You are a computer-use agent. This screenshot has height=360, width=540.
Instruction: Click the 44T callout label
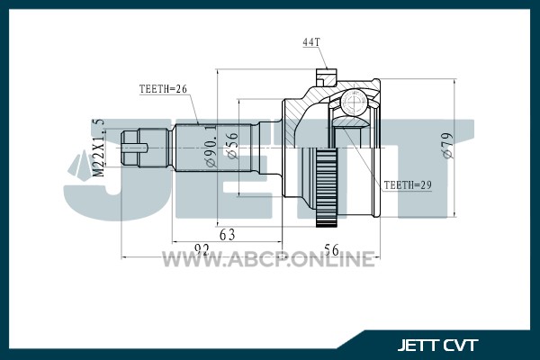pyautogui.click(x=311, y=42)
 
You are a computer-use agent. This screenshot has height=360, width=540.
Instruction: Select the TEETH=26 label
pyautogui.click(x=163, y=89)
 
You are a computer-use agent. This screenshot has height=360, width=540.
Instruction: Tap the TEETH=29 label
pyautogui.click(x=408, y=185)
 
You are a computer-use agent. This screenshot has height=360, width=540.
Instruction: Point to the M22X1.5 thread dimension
pyautogui.click(x=99, y=148)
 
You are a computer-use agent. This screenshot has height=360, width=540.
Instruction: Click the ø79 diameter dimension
pyautogui.click(x=448, y=146)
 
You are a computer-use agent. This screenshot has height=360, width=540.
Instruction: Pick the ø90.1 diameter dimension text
pyautogui.click(x=211, y=146)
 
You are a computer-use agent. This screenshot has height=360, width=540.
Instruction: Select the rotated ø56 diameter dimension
pyautogui.click(x=233, y=146)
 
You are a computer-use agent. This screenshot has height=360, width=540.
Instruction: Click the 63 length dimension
pyautogui.click(x=228, y=235)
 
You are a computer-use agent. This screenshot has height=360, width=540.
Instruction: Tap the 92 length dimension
pyautogui.click(x=202, y=249)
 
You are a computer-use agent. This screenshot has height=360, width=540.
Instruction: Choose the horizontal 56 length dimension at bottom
pyautogui.click(x=331, y=250)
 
